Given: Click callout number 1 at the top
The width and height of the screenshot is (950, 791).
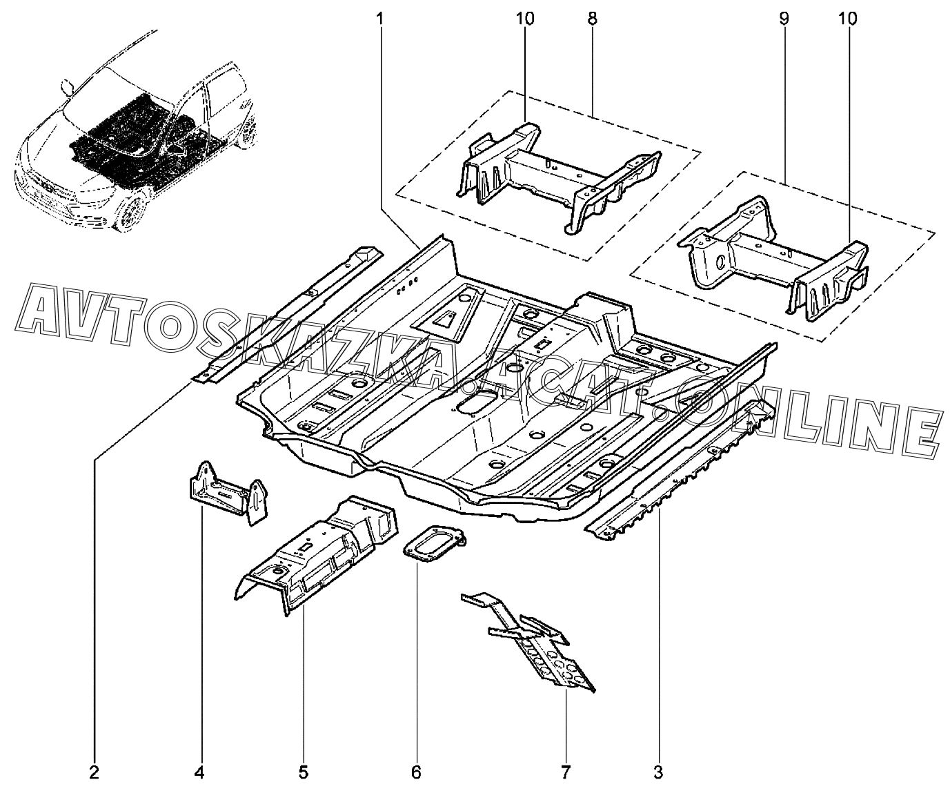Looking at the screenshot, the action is (x=380, y=19).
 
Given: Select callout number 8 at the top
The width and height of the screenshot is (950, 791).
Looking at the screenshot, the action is (x=592, y=19).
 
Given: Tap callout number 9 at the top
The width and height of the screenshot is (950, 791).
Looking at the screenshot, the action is (x=784, y=19).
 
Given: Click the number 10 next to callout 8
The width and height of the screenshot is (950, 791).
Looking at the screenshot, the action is (x=525, y=19).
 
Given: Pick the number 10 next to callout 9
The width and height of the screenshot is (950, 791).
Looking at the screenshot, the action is (x=847, y=19).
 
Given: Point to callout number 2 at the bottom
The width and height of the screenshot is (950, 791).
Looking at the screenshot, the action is (x=95, y=772).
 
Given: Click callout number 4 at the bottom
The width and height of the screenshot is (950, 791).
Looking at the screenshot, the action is (x=199, y=772).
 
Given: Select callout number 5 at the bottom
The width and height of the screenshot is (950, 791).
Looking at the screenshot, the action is (x=304, y=772).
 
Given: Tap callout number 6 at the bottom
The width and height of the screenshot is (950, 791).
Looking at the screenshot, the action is (x=416, y=772).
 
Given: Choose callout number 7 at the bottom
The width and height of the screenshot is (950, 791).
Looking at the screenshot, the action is (x=565, y=772).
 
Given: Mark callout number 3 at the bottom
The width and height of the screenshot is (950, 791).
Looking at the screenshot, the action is (x=658, y=772).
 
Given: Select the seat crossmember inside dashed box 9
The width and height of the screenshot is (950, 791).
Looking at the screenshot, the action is (x=773, y=260).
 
